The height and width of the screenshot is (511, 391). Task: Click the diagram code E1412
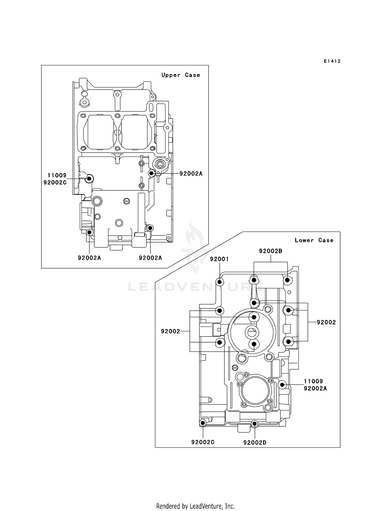332,61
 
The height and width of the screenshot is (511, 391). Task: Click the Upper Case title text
181,75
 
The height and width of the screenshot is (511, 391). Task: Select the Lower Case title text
314,240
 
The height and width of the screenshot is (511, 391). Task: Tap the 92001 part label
219,259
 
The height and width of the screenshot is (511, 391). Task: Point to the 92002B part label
271,251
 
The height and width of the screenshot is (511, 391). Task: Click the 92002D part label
255,443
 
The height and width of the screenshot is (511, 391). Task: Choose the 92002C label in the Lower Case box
203,442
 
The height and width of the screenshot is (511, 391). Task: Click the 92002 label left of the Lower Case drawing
170,331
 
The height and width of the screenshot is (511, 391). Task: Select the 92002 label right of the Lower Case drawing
326,322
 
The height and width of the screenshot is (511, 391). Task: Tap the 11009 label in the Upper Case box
57,176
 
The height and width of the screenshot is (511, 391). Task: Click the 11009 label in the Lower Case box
313,381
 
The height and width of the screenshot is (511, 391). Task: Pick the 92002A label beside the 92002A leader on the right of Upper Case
191,174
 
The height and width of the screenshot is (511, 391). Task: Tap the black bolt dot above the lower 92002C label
203,423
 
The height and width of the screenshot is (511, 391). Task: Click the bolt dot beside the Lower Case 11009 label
282,385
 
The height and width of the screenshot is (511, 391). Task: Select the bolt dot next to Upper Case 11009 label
89,179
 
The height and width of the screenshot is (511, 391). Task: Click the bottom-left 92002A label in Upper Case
89,258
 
